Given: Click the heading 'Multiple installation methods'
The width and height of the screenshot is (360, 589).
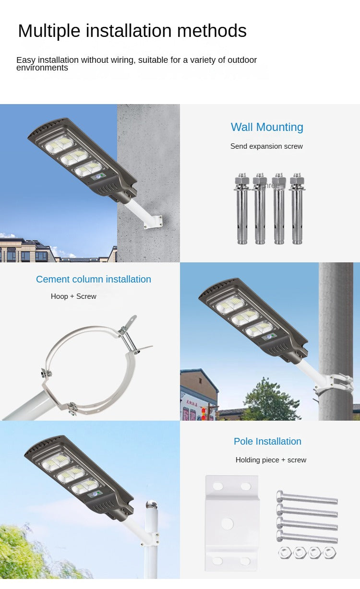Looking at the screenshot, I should point(132,31).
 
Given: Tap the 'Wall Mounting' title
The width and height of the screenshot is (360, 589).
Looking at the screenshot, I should point(267,127).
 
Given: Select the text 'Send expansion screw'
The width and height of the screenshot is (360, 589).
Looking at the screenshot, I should point(266,146).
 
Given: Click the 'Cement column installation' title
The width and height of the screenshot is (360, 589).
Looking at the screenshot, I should point(94,279).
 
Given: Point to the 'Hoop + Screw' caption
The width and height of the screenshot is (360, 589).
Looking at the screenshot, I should point(73,296).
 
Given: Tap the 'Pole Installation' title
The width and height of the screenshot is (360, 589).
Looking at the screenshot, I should point(267,441).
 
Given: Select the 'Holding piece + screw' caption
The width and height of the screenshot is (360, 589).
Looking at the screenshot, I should point(271,460).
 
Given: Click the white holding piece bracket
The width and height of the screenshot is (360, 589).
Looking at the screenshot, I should point(232,523).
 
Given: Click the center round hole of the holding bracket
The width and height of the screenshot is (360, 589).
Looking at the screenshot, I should point(228,523).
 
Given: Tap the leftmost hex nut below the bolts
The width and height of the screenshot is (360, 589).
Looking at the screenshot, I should point(285,553).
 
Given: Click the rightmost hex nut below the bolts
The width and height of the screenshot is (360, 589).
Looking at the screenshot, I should point(330,553).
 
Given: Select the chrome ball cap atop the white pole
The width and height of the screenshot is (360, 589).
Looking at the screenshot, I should point(151,505).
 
